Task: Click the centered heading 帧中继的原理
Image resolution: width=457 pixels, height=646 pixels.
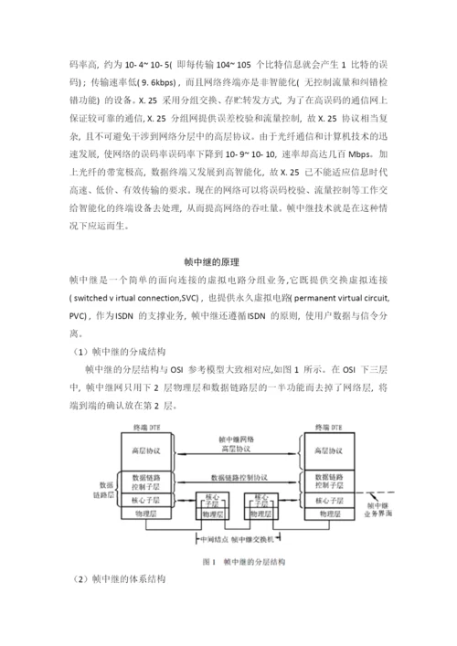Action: click(x=228, y=262)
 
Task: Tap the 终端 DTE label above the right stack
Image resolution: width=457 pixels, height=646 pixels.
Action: click(x=330, y=428)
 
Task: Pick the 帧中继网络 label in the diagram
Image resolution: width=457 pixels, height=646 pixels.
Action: click(x=241, y=439)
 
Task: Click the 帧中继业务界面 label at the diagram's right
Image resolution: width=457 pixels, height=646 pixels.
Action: click(x=383, y=509)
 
